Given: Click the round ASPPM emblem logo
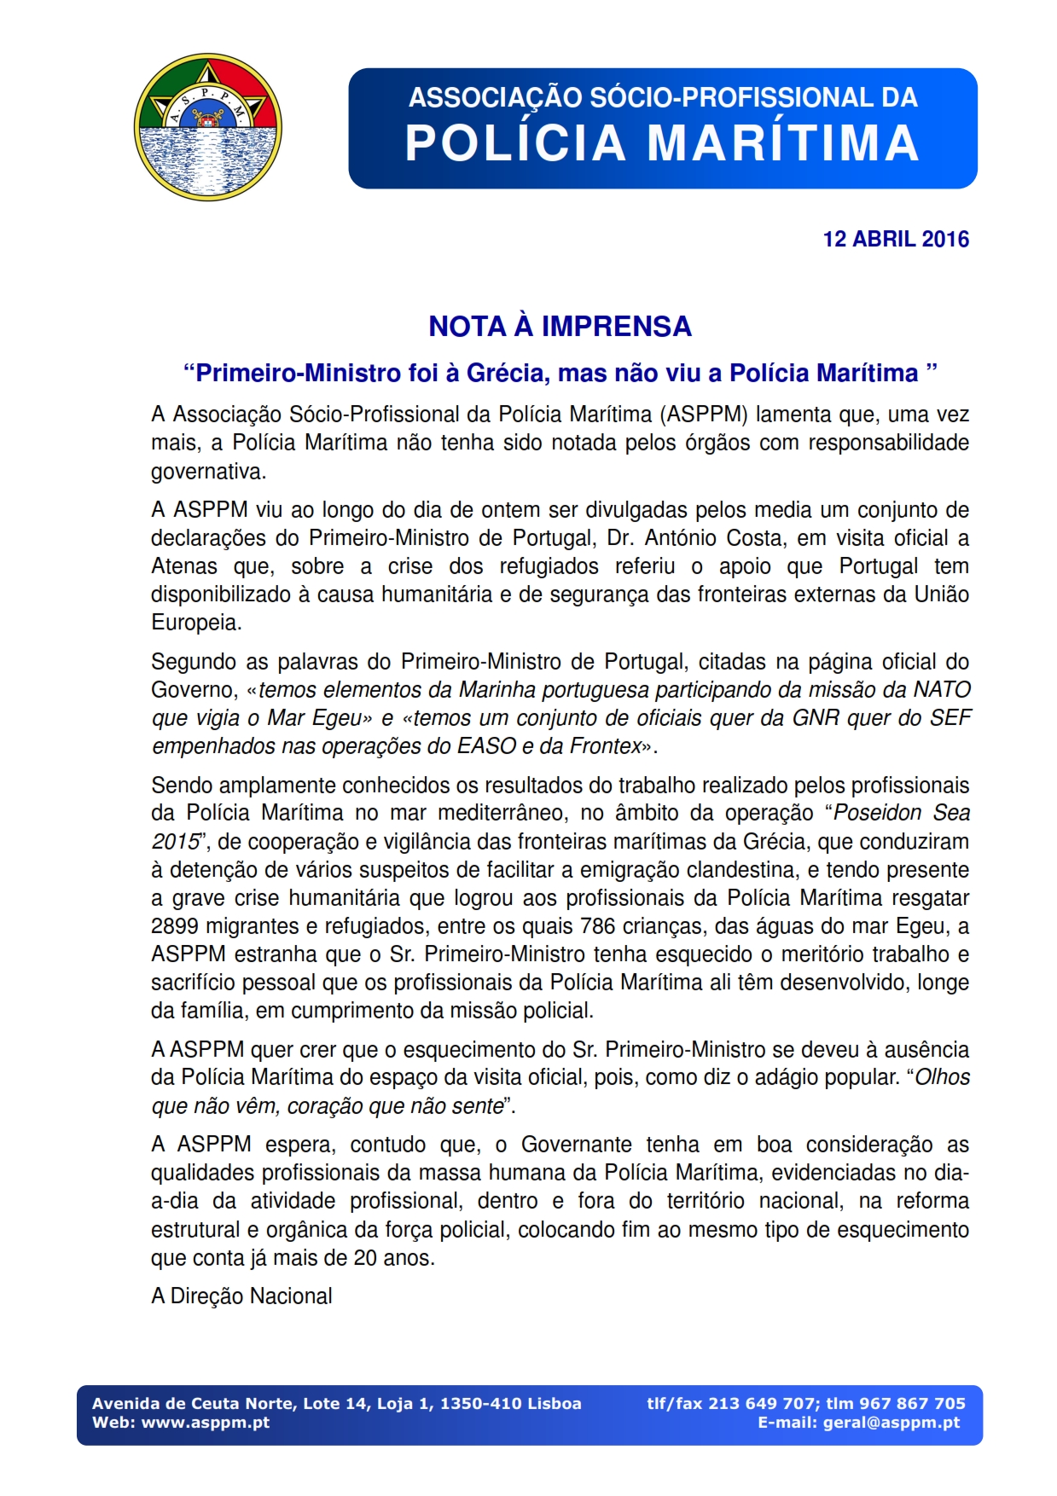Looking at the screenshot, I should click(208, 128).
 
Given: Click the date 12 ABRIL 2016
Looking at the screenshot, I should click(895, 239).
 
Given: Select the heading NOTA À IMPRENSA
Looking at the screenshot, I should click(560, 326).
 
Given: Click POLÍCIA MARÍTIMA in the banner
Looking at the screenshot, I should click(662, 143).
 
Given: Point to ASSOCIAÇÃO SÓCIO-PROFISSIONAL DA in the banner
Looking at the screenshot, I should click(662, 97).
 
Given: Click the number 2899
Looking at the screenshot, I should click(175, 926).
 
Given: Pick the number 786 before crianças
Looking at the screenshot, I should click(597, 926).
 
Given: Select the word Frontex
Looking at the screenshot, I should click(605, 746).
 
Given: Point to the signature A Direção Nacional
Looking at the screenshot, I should click(241, 1296).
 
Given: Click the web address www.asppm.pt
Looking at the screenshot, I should click(205, 1423).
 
